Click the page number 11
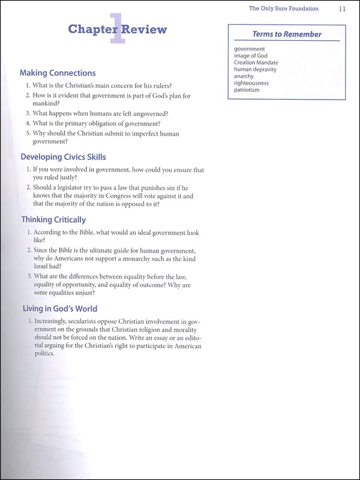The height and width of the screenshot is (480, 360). coord(341,9)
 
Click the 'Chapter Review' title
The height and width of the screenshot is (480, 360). coord(118,29)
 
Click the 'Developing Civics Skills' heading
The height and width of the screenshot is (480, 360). coord(63,157)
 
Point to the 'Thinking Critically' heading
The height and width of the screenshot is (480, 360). coord(53,220)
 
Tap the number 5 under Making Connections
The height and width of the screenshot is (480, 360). coord(28,134)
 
